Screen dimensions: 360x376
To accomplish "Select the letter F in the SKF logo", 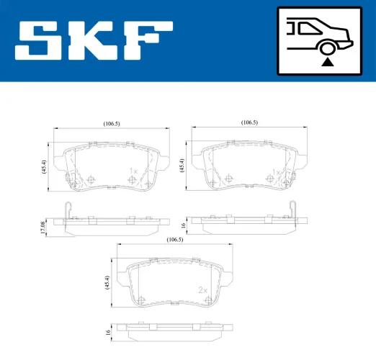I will pos(148,41).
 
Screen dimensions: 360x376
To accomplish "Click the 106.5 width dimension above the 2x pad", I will pos(174,239).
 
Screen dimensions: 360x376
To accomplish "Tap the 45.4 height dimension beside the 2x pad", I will pos(108,283).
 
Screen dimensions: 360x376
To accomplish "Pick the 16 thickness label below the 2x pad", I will pos(108,333).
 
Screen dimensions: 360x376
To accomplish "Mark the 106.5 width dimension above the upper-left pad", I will pos(111,124).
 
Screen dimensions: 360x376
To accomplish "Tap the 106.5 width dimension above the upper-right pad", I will pos(249,123).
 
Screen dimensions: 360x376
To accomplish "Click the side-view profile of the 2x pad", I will pos(174,333).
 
